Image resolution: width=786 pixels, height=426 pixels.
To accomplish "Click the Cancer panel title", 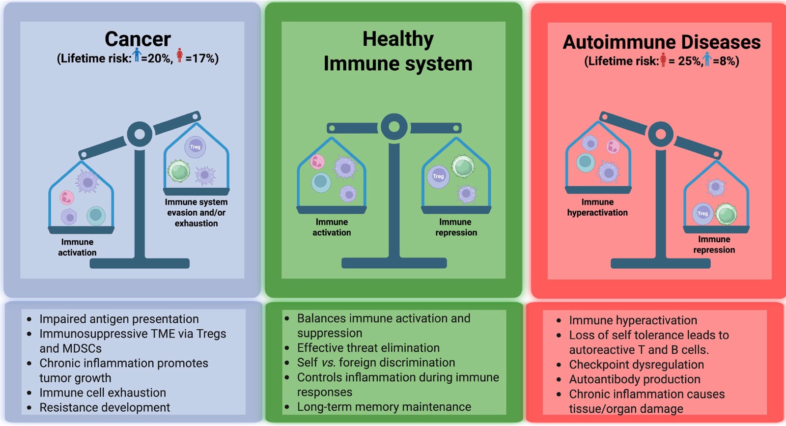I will (138, 39).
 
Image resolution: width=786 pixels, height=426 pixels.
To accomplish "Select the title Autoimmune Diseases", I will (661, 42).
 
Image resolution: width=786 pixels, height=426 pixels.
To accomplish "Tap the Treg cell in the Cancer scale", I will (195, 146).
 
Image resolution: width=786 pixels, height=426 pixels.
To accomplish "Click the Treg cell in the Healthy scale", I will (438, 176).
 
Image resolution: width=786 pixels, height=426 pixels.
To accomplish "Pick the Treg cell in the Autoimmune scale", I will (702, 213).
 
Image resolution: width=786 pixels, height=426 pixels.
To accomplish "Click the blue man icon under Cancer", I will (137, 55).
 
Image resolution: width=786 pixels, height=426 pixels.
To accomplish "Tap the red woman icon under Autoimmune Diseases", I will (663, 60).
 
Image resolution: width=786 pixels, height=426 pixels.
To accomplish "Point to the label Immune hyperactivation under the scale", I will (597, 207).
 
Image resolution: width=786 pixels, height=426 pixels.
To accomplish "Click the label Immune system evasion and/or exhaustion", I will (196, 212).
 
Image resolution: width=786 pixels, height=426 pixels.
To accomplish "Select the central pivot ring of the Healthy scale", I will (394, 127).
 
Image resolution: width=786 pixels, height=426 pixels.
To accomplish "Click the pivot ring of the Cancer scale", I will (140, 134).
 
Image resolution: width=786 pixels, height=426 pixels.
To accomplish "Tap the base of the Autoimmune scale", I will (660, 263).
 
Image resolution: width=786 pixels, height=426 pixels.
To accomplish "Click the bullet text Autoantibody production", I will (635, 379).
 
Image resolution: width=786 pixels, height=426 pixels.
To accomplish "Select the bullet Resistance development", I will (105, 407).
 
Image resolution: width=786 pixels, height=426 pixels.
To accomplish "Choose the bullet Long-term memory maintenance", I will (384, 407).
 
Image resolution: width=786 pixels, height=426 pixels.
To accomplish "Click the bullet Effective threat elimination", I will (368, 348).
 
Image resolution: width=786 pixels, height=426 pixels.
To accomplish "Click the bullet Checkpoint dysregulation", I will (636, 365).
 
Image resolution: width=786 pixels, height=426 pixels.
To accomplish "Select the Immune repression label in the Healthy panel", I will (456, 227).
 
